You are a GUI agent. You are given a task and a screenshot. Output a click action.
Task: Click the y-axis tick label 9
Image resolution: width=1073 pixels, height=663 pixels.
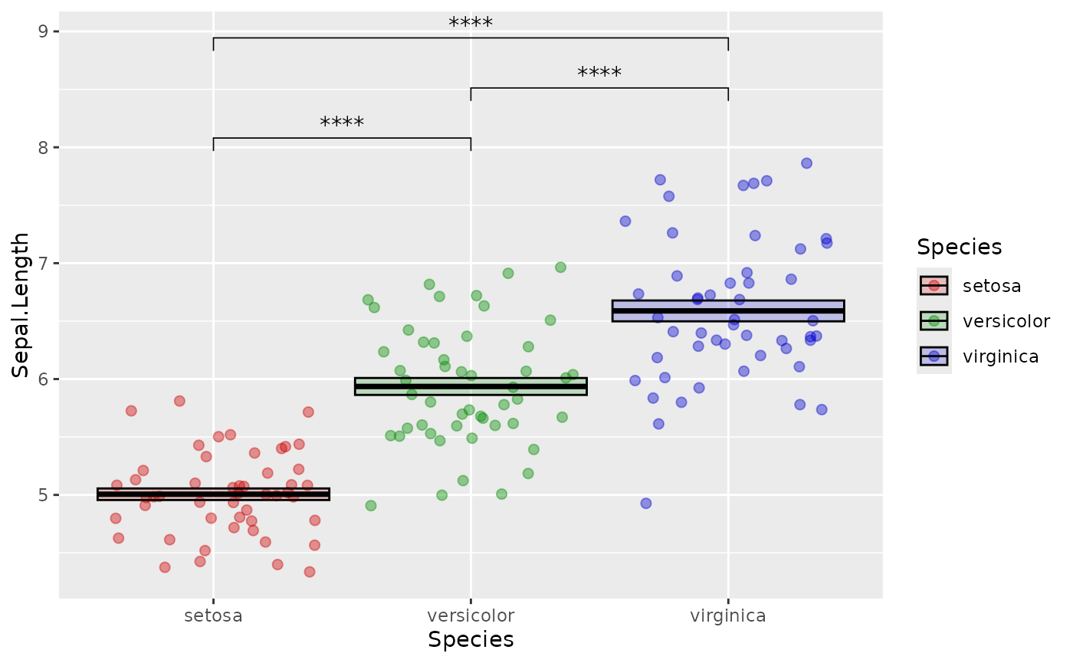tap(43, 31)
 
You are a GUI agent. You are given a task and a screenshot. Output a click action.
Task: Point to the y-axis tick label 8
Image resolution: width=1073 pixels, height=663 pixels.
tap(43, 147)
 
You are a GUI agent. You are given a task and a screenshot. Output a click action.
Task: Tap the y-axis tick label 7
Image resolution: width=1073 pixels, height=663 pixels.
tap(43, 263)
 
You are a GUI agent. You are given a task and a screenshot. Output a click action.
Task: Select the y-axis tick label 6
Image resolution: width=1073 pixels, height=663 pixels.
tap(43, 379)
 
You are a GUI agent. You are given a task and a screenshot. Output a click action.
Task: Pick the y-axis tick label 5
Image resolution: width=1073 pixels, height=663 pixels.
tap(43, 495)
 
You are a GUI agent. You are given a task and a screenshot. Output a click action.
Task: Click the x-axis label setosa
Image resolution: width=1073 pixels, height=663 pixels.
tap(213, 615)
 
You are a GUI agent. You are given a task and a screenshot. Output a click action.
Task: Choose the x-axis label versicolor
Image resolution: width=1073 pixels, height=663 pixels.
tap(471, 615)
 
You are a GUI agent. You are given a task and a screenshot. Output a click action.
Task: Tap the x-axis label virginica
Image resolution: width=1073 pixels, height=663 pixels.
tap(728, 615)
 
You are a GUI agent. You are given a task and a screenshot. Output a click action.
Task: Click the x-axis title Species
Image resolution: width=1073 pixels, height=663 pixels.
tap(471, 640)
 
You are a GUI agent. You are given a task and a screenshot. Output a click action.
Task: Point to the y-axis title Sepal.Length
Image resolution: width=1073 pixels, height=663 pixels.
tap(21, 304)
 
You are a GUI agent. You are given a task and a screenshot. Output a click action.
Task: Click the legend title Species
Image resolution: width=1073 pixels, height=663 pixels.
tap(959, 247)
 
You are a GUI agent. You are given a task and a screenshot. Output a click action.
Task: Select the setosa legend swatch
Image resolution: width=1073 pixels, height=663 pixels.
tap(934, 286)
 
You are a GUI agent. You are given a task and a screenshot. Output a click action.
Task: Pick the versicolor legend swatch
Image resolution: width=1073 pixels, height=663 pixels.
tap(934, 321)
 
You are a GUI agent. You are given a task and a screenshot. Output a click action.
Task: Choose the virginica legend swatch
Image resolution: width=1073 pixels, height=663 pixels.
tap(934, 356)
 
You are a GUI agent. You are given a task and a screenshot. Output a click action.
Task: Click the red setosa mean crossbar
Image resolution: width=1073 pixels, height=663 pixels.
tap(213, 494)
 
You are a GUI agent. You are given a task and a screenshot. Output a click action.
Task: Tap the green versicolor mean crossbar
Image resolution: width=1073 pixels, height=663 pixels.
tap(471, 386)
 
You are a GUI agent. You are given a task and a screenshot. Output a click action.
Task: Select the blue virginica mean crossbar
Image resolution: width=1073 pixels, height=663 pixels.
tap(728, 310)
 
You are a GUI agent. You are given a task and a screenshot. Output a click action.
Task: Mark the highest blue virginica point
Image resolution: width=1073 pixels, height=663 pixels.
tap(806, 163)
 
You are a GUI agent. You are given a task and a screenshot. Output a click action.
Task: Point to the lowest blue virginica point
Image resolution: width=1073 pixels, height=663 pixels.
tap(646, 504)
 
